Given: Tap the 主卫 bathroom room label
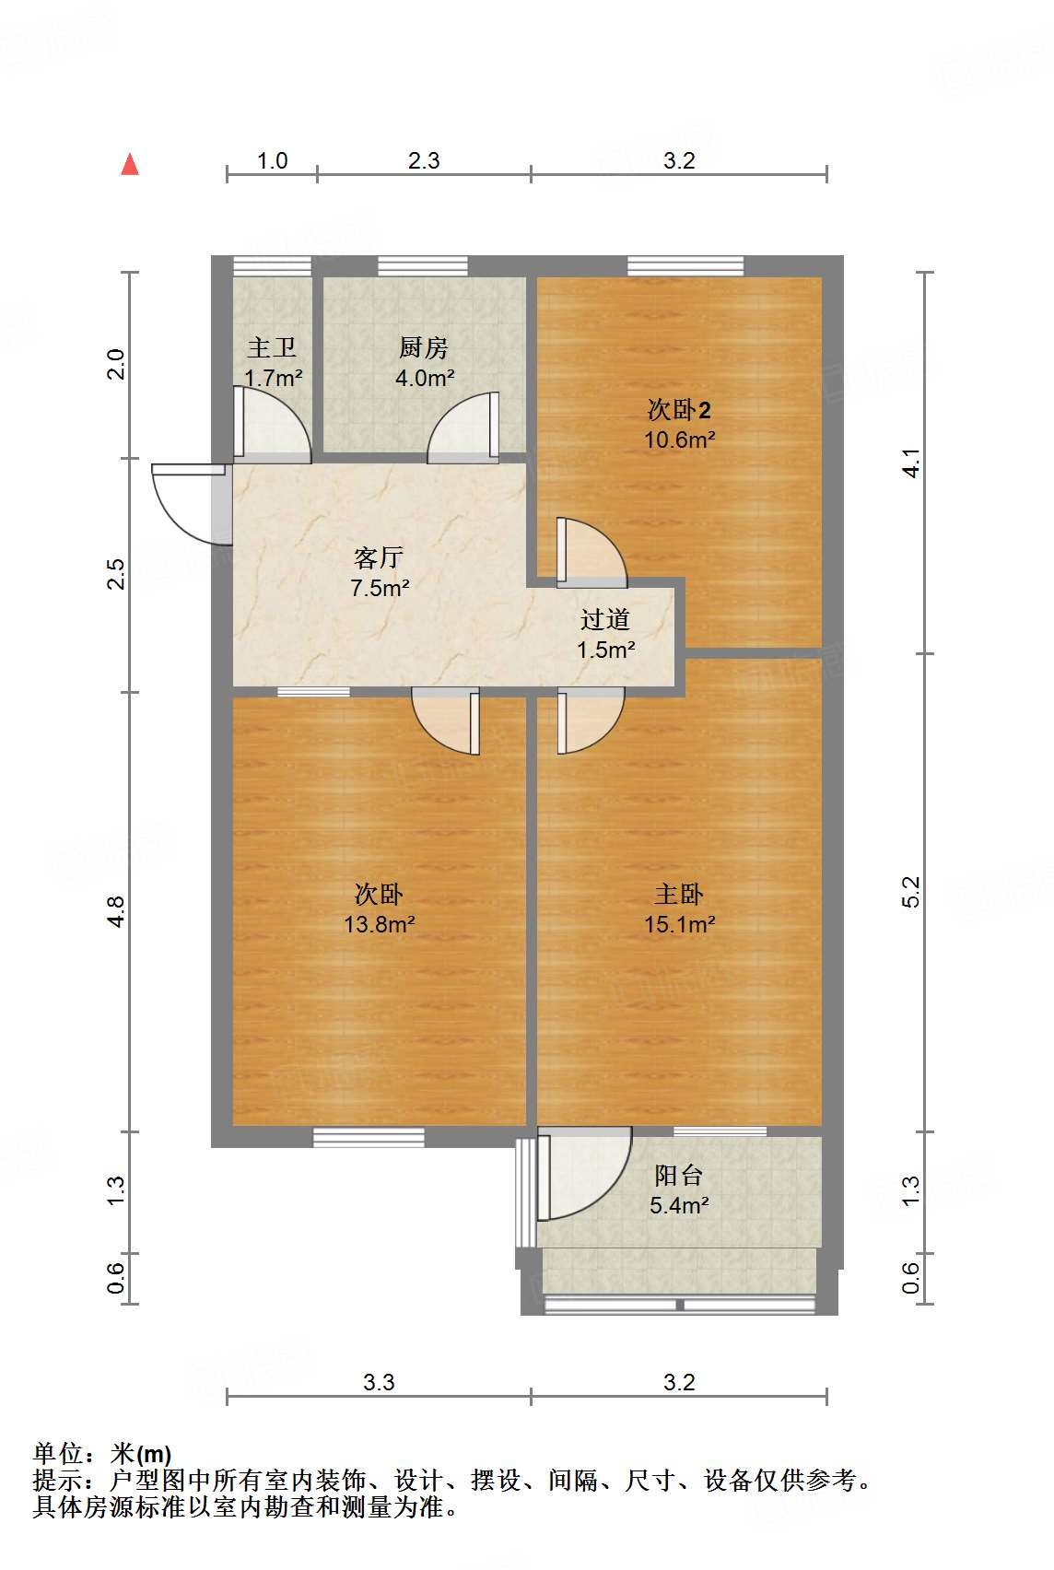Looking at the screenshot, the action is [272, 347].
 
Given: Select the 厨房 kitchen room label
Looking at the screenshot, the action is [424, 347].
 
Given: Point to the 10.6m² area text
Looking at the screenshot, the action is [680, 439].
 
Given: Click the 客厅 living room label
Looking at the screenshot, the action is [380, 558].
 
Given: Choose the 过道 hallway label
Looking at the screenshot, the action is [605, 619].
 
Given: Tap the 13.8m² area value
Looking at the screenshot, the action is [380, 924].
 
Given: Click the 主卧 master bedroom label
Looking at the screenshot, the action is [679, 894].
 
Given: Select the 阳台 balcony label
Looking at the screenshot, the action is [679, 1175].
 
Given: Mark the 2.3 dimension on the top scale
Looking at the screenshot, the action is [424, 160].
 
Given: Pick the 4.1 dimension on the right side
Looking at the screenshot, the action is [910, 463].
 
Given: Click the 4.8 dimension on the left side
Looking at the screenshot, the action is [116, 911].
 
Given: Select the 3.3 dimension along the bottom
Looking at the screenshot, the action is [380, 1382].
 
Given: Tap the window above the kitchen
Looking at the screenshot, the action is [423, 266].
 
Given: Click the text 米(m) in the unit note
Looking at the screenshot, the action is [142, 1454].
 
